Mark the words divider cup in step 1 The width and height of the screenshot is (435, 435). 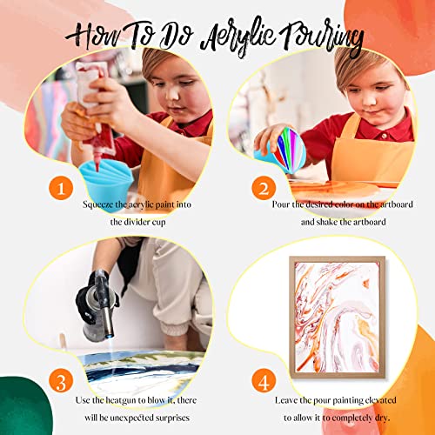(x=138, y=222)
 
